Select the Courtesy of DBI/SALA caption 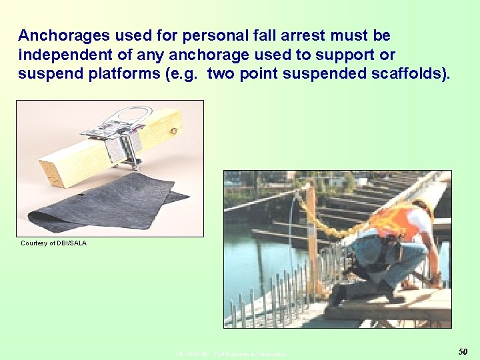[x=53, y=243]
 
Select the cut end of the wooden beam [x=51, y=171]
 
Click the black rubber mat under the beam [x=100, y=203]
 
